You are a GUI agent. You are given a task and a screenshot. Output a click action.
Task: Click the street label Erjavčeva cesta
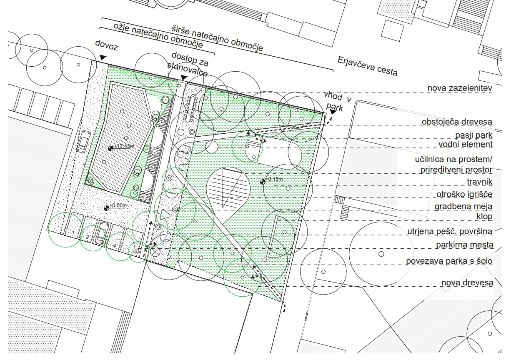[x=368, y=66]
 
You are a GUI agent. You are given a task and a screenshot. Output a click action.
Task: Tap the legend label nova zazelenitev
[x=460, y=88]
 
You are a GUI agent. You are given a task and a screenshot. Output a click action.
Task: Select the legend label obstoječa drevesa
[x=457, y=122]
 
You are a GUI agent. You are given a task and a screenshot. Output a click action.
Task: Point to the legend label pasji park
[x=474, y=135]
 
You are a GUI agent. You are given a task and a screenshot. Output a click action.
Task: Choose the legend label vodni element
[x=466, y=144]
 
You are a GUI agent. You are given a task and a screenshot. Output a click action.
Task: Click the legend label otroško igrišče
[x=464, y=195]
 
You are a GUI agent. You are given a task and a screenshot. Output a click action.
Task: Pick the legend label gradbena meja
[x=463, y=207]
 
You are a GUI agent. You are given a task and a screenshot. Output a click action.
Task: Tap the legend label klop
[x=484, y=216]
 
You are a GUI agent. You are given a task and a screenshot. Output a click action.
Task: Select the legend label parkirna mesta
[x=464, y=245]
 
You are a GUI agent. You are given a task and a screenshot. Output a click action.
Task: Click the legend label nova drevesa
[x=467, y=283]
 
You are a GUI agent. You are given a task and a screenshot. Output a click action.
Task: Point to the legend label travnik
[x=479, y=182]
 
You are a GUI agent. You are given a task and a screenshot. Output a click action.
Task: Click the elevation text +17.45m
[x=124, y=146]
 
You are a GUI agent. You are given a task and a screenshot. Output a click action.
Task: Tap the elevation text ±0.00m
[x=118, y=205]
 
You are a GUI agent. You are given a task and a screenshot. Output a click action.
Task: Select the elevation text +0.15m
[x=274, y=179]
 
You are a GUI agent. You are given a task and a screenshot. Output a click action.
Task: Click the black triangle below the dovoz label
[x=103, y=57]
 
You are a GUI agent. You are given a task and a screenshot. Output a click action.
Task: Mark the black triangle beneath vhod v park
[x=333, y=112]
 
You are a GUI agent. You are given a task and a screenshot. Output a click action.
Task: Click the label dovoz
[x=107, y=45]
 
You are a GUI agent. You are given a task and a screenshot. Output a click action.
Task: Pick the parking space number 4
[x=115, y=246]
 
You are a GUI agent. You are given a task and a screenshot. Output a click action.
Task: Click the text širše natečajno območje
[x=218, y=38]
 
